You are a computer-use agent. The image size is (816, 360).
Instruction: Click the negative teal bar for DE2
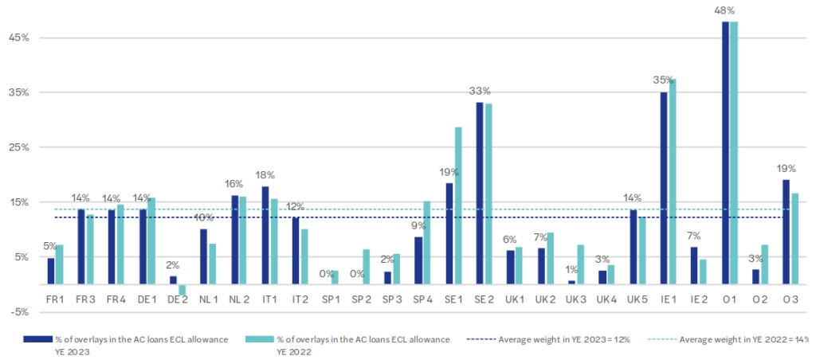pyautogui.click(x=182, y=290)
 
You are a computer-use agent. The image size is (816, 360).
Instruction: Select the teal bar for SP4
pyautogui.click(x=427, y=242)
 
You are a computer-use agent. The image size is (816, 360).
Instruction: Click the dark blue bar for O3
pyautogui.click(x=786, y=232)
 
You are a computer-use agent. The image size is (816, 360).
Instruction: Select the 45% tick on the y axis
pyautogui.click(x=18, y=37)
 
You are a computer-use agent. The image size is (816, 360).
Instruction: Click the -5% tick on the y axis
pyautogui.click(x=18, y=311)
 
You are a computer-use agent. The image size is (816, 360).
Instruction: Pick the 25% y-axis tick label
pyautogui.click(x=18, y=147)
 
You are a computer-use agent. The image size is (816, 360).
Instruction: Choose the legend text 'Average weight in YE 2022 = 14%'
pyautogui.click(x=744, y=339)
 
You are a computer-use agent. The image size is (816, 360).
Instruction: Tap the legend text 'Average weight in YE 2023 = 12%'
pyautogui.click(x=564, y=339)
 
